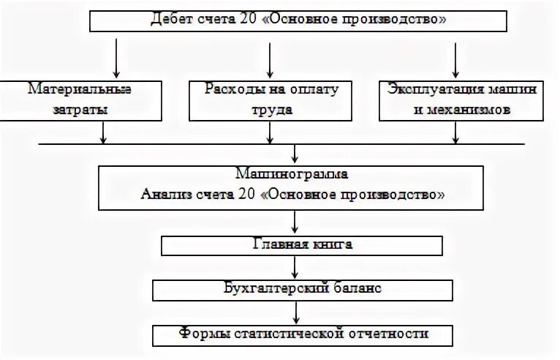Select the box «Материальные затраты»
(x=80, y=100)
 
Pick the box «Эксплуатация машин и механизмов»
(x=462, y=100)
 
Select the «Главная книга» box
(x=292, y=244)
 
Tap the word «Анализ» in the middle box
(x=163, y=195)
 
